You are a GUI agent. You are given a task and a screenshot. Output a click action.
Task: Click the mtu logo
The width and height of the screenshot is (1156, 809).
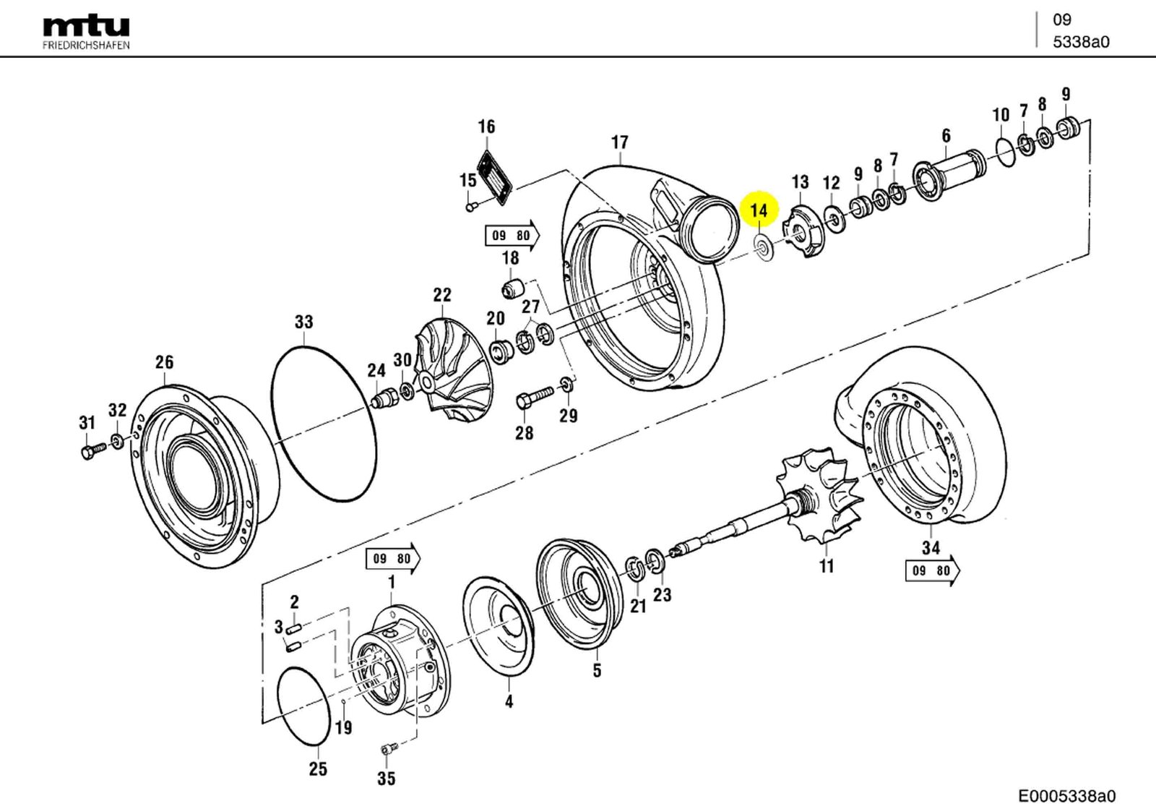click(x=86, y=27)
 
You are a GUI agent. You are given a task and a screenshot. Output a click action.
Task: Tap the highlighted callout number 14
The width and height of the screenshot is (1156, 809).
click(x=759, y=210)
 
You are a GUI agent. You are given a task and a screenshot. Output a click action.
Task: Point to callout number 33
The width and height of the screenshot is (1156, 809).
click(x=303, y=322)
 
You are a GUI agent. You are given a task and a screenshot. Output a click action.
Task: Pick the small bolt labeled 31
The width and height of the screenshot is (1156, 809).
click(x=91, y=452)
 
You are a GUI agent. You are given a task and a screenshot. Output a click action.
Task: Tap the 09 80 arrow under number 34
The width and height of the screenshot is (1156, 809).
click(x=932, y=570)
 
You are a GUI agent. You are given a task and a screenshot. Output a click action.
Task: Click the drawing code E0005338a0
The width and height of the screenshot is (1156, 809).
click(x=1067, y=796)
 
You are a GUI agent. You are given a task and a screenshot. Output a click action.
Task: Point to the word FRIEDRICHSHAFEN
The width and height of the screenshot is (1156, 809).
click(x=86, y=45)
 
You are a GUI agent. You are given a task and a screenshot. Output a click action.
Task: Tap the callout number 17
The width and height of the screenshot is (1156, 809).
click(x=619, y=142)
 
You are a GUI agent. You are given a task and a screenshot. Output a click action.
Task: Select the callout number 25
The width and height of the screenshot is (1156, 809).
click(x=318, y=769)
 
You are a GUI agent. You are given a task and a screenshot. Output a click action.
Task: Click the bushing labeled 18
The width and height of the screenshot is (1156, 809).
click(x=512, y=287)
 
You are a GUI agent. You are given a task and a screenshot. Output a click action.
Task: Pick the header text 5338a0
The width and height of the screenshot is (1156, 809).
click(x=1080, y=42)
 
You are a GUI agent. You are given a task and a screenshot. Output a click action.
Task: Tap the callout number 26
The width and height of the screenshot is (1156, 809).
click(x=164, y=361)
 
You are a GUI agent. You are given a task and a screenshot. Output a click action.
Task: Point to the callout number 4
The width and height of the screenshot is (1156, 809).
click(x=509, y=701)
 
